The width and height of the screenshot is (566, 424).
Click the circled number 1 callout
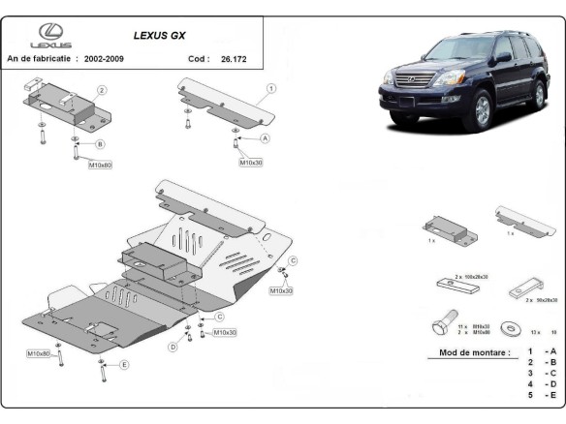point(272,88)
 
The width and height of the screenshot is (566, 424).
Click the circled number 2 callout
point(102,90)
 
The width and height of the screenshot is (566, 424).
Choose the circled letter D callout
point(173,346)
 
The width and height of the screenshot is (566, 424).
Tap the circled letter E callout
point(124,365)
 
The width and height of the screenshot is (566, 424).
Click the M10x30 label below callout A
point(251,163)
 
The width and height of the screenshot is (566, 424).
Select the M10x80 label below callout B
point(101,166)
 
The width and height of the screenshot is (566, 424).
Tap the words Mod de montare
point(474,353)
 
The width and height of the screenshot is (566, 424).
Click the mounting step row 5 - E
point(542,396)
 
